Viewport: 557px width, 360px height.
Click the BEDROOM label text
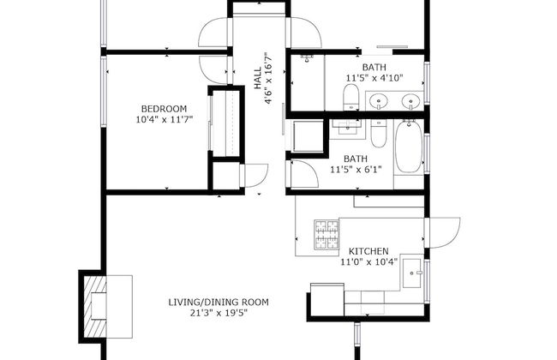pos(163,108)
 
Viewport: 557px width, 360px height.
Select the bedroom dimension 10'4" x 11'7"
pos(163,120)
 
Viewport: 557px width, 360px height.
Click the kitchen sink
pos(412,275)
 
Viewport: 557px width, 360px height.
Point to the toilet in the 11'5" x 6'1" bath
pos(378,135)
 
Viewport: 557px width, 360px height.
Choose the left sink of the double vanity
pos(381,102)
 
